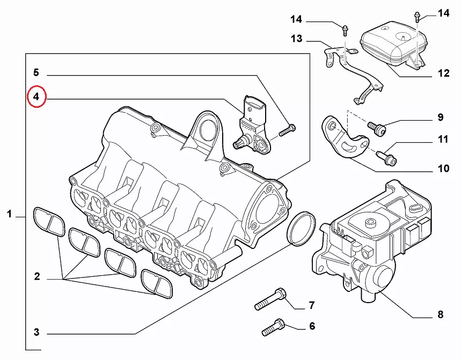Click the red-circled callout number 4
pyautogui.click(x=36, y=97)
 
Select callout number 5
pyautogui.click(x=36, y=72)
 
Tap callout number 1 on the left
pyautogui.click(x=9, y=215)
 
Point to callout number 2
pyautogui.click(x=37, y=277)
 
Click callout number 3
pyautogui.click(x=36, y=332)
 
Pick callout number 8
pyautogui.click(x=440, y=315)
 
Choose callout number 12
pyautogui.click(x=443, y=74)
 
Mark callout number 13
pyautogui.click(x=297, y=39)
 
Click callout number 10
pyautogui.click(x=443, y=168)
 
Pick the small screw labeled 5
pyautogui.click(x=287, y=129)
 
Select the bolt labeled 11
pyautogui.click(x=385, y=157)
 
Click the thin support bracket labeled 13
pyautogui.click(x=354, y=75)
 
